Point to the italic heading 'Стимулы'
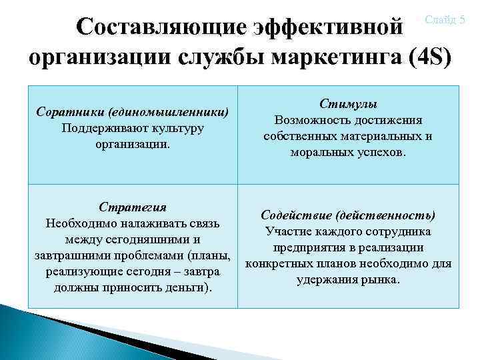pyautogui.click(x=348, y=105)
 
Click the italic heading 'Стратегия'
pyautogui.click(x=132, y=207)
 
